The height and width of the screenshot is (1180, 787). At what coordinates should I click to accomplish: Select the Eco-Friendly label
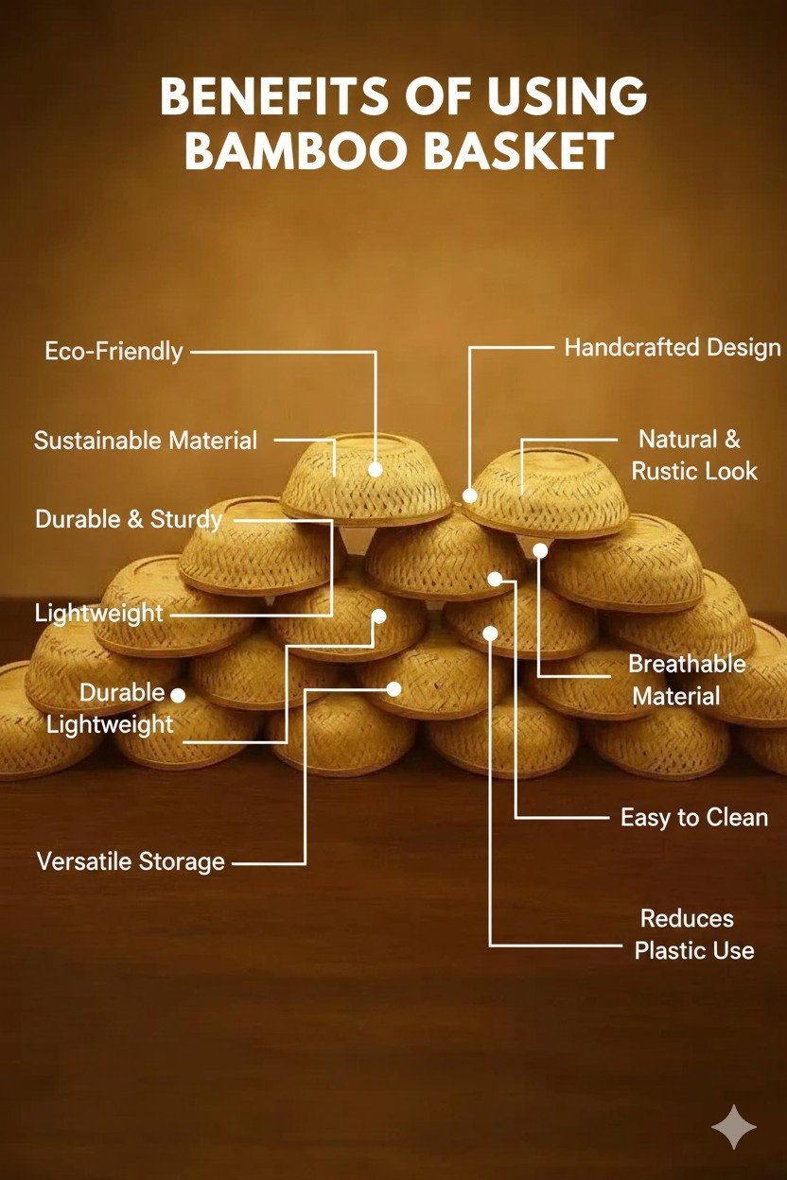tap(114, 352)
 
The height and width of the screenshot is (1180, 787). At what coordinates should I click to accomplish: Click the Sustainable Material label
tap(146, 441)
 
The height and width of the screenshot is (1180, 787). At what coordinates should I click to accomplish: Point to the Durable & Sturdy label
tap(129, 519)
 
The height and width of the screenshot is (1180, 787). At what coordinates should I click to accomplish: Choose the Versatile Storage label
tap(131, 861)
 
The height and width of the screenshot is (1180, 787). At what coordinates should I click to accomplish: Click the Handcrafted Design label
tap(673, 348)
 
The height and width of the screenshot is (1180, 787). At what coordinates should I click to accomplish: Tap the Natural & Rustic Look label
tap(693, 455)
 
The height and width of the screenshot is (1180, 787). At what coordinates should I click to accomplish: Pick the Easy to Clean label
tap(694, 817)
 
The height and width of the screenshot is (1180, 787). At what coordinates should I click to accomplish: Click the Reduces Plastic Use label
tap(694, 934)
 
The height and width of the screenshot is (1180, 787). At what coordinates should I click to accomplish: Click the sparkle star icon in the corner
tap(734, 1127)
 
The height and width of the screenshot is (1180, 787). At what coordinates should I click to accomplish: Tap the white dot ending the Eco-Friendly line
tap(376, 469)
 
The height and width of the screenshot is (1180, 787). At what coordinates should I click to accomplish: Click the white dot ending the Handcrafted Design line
tap(469, 495)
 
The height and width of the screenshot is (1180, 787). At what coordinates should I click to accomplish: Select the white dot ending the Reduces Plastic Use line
tap(490, 632)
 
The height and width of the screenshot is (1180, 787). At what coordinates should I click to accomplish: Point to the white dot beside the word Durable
tap(178, 695)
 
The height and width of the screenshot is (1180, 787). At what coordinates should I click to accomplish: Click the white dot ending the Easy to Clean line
tap(494, 578)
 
